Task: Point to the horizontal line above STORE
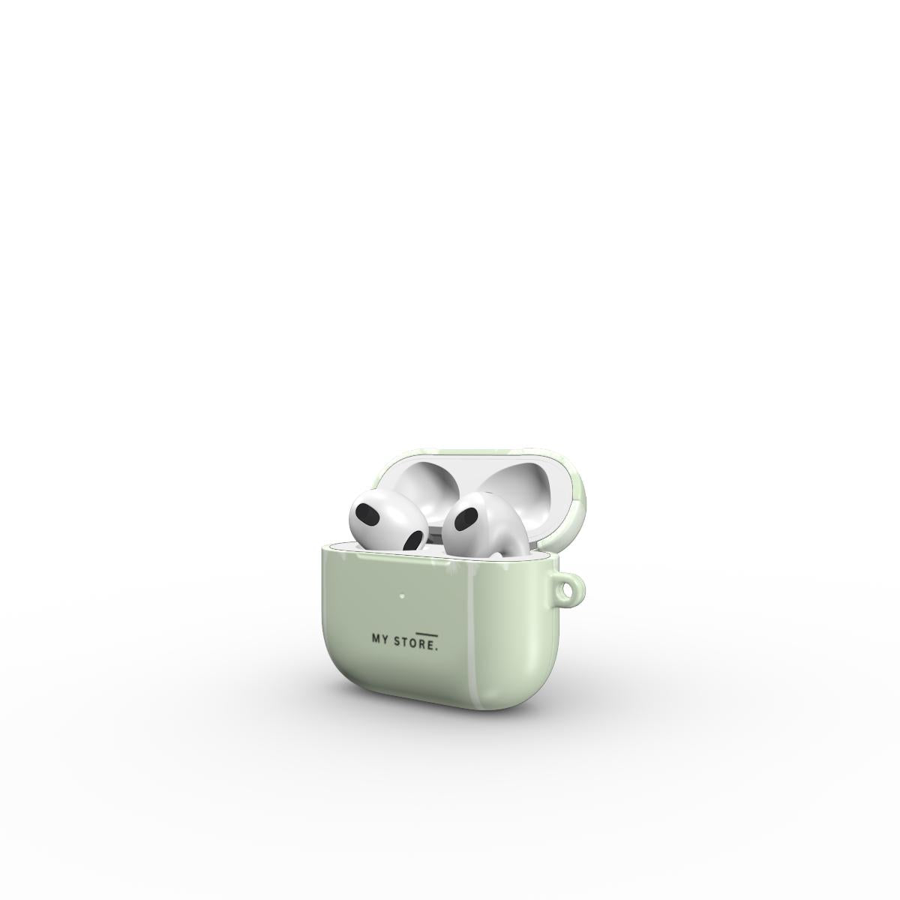(x=427, y=634)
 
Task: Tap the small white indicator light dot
(x=401, y=595)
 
